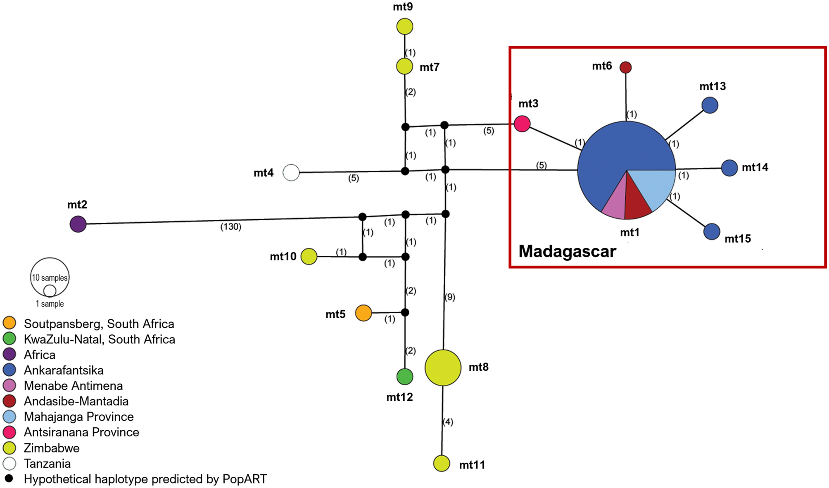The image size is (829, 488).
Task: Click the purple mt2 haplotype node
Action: pos(78,224)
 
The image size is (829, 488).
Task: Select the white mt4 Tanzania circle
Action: pos(291,172)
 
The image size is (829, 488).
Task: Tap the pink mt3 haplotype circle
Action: pos(522,124)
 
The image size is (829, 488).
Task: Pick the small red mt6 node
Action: pos(625,67)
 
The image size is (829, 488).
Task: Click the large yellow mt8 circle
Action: pos(443,367)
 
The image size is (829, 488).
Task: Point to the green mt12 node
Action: pos(404,376)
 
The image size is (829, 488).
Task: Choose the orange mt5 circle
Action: pos(363,313)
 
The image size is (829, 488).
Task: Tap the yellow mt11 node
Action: pos(442,463)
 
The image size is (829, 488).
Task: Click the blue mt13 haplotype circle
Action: pos(710,105)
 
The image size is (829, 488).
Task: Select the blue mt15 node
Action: pos(712,231)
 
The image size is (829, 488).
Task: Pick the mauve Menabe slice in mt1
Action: pos(616,203)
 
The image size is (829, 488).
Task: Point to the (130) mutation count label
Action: pos(230,226)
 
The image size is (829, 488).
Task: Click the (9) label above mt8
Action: pos(450,297)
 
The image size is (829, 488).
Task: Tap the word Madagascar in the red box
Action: pos(567,251)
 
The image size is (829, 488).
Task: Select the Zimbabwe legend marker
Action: pos(9,448)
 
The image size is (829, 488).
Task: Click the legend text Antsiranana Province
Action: pos(81,432)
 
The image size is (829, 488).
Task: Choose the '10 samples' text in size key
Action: pos(50,278)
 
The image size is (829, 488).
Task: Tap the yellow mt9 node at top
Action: pos(404,26)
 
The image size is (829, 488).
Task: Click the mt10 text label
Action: pos(283,257)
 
